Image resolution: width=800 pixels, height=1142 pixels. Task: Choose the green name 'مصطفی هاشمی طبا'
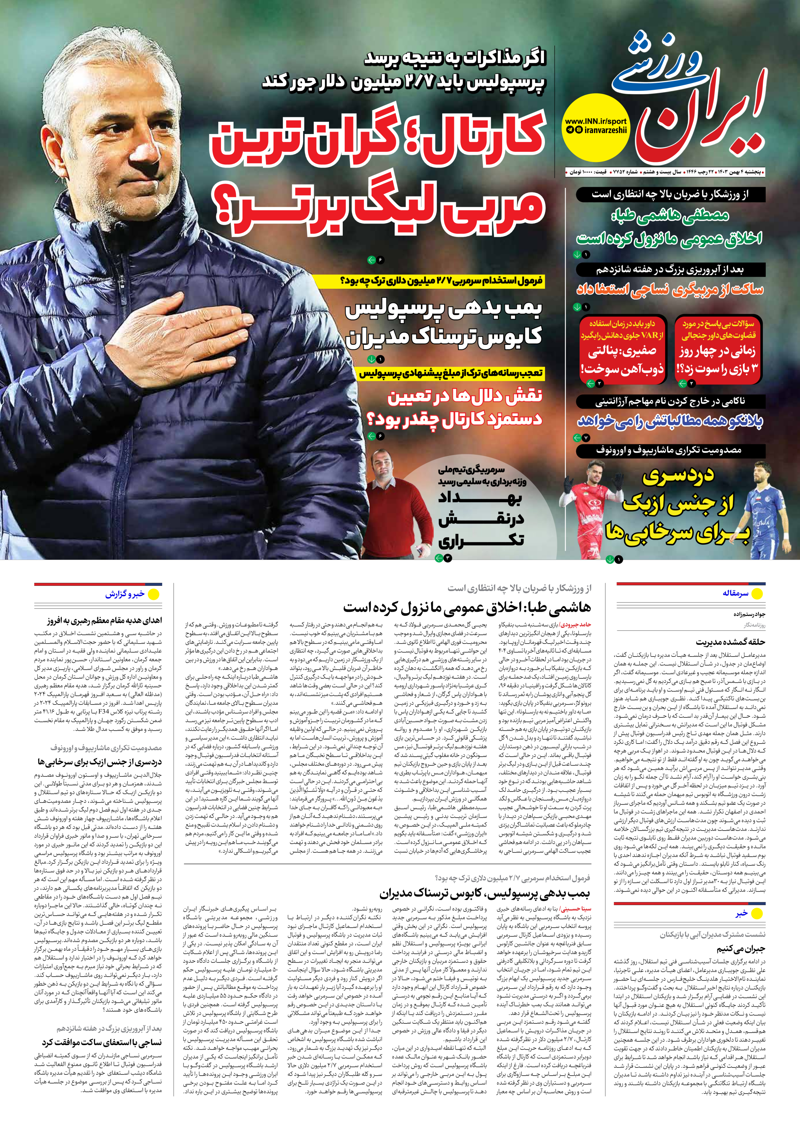669,215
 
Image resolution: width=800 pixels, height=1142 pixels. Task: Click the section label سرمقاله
735,593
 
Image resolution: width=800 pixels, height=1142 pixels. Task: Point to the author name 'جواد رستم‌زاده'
749,614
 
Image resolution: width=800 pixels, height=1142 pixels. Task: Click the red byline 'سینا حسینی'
579,909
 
